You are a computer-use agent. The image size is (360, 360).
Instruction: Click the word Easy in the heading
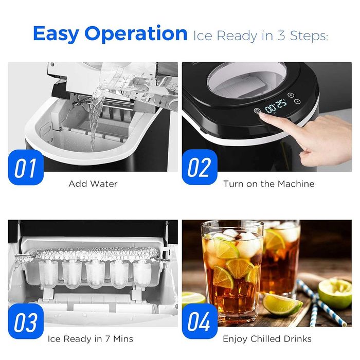56,34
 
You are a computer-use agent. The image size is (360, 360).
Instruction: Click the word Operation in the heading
136,34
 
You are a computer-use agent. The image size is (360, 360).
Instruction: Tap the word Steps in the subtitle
309,36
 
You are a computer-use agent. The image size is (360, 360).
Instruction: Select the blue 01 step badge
26,167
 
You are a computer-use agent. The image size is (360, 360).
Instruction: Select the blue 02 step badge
200,167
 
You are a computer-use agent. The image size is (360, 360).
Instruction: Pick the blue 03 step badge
26,321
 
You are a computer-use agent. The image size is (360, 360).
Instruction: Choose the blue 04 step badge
200,321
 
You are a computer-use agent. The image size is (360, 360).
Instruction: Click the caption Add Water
93,184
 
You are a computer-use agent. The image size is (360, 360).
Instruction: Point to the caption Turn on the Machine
269,184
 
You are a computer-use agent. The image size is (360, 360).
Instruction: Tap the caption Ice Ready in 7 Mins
90,338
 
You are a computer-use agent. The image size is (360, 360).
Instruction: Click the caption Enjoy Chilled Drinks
267,339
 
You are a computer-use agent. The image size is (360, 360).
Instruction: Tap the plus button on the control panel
291,95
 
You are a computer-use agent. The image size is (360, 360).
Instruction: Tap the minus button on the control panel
297,101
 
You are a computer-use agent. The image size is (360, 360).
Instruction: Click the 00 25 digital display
276,106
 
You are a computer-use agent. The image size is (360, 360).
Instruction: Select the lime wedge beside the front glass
282,303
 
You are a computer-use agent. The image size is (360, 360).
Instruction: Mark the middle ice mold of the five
96,275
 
